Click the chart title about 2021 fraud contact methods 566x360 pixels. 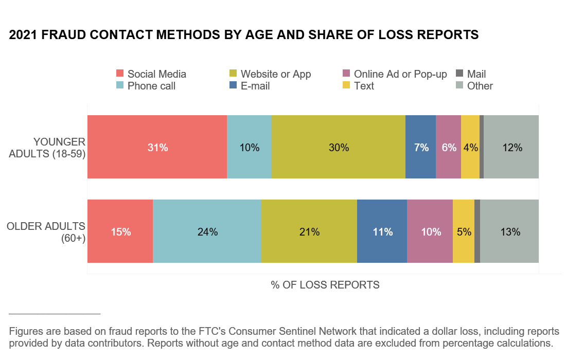[x=244, y=35]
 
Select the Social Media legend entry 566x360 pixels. [x=151, y=74]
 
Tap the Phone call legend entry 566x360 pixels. [x=146, y=86]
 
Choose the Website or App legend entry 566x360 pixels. [x=270, y=74]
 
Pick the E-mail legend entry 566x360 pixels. [x=250, y=86]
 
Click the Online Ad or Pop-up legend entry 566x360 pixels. [x=395, y=74]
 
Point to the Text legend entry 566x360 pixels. [x=359, y=86]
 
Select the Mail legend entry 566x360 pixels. [x=471, y=74]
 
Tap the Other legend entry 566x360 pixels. [x=475, y=86]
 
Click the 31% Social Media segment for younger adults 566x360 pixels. [x=157, y=147]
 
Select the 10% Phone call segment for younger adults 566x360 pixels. [x=249, y=147]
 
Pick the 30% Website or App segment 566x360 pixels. [x=339, y=147]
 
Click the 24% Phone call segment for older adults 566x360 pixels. [x=207, y=231]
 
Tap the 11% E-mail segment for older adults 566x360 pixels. [x=382, y=231]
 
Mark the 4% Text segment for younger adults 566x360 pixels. [x=470, y=147]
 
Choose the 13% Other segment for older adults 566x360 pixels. [x=509, y=231]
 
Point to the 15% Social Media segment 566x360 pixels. [x=120, y=231]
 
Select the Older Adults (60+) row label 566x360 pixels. [x=46, y=231]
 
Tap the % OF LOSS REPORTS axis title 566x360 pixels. [x=325, y=284]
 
